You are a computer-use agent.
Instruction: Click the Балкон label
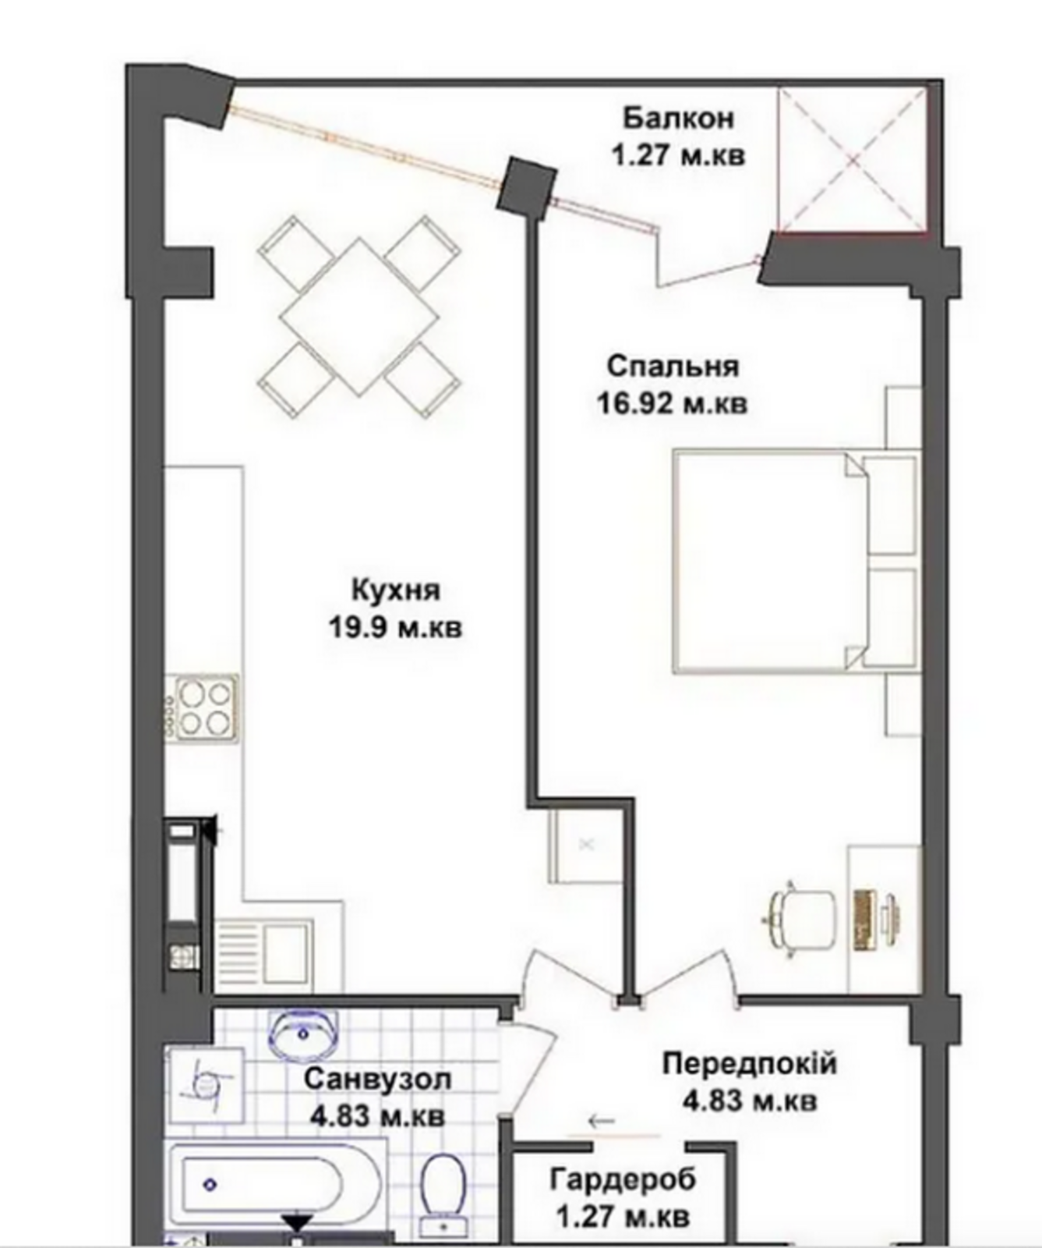pos(678,119)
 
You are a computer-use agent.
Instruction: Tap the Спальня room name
pos(673,366)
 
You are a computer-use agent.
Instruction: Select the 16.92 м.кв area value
pos(672,403)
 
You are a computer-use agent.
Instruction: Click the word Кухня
pos(396,590)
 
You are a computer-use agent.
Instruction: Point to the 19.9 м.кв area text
pos(396,627)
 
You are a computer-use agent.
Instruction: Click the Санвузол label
pos(377,1080)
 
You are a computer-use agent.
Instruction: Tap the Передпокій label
pos(750,1063)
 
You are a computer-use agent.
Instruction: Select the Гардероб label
pos(623,1179)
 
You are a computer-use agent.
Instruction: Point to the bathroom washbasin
pos(304,1034)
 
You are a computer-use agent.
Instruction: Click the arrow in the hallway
pos(602,1122)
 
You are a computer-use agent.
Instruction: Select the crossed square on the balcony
pos(853,160)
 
